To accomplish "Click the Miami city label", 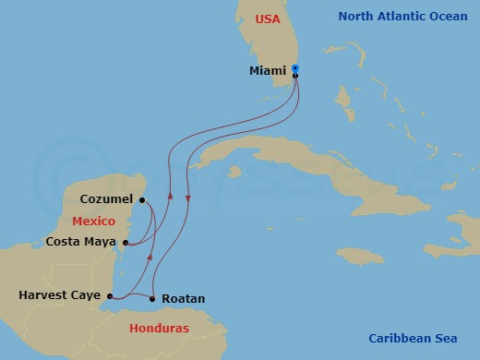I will [x=267, y=71].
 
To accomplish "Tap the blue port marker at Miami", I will [x=294, y=68].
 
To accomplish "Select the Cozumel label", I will [x=105, y=198].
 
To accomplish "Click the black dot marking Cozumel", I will [x=141, y=198].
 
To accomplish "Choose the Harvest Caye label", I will [x=58, y=295].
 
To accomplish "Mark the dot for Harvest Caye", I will [x=108, y=296].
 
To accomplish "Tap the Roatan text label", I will [x=183, y=299].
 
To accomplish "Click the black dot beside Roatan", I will [x=151, y=298].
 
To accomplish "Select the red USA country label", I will [x=267, y=18].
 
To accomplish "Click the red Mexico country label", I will [x=94, y=222].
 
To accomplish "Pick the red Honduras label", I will [x=159, y=329].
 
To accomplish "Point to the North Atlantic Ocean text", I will [x=403, y=17].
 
